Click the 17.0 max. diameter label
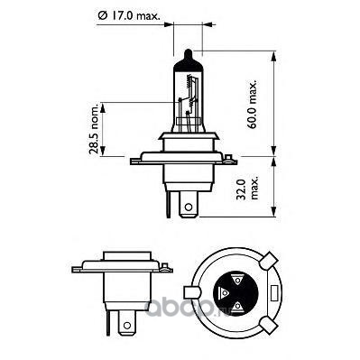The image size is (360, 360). pyautogui.click(x=129, y=15)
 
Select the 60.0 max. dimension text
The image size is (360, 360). pyautogui.click(x=253, y=105)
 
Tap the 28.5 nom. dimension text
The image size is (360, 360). pyautogui.click(x=94, y=129)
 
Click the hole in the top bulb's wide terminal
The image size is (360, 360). pyautogui.click(x=189, y=207)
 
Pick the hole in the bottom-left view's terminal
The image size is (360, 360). pyautogui.click(x=127, y=326)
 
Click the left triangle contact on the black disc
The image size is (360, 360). pyautogui.click(x=225, y=292)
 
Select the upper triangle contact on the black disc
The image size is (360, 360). pyautogui.click(x=237, y=281)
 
